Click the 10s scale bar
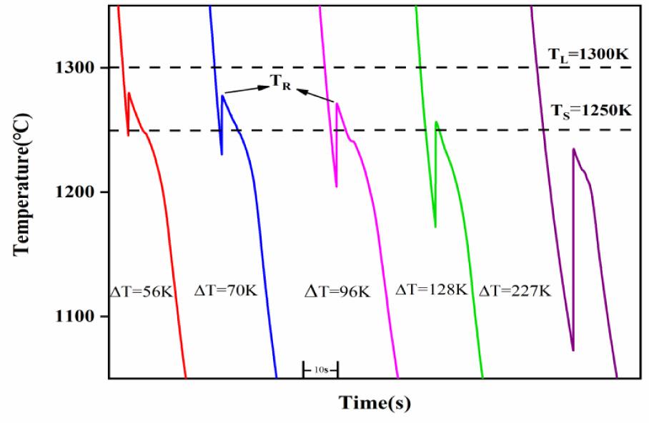coord(320,369)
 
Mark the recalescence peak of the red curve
coord(129,92)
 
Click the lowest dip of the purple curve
coord(573,350)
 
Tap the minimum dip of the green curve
coord(435,227)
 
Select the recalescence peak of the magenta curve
coord(337,104)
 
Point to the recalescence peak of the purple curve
coord(573,149)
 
